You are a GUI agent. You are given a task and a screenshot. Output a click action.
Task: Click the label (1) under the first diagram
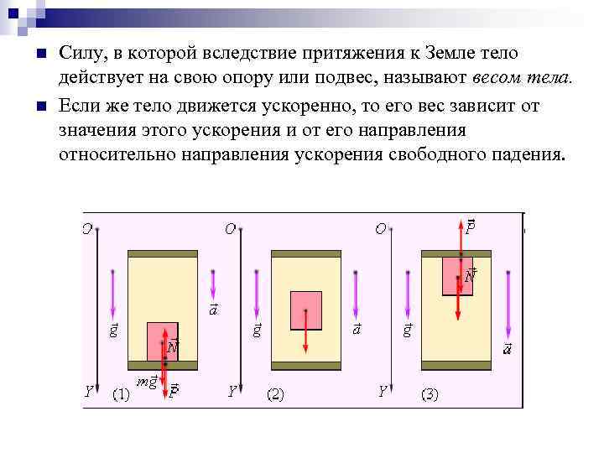[122, 394]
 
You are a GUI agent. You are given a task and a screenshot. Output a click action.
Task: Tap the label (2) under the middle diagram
[276, 394]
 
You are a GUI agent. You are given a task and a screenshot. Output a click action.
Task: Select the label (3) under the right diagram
[429, 394]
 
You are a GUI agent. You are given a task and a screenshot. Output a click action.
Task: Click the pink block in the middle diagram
[306, 310]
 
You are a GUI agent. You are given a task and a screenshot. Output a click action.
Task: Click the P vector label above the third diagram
[471, 226]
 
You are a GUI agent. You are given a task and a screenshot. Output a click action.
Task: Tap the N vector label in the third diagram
[471, 274]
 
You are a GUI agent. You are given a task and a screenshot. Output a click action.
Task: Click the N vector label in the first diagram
[172, 346]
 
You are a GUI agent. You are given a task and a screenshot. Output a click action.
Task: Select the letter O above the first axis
[87, 228]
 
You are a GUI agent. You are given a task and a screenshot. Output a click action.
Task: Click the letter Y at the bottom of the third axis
[382, 392]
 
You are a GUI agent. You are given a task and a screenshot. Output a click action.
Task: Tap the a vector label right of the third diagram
[507, 348]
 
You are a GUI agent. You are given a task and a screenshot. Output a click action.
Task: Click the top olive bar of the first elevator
[163, 253]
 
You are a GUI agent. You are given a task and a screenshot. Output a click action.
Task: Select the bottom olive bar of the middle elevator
[305, 366]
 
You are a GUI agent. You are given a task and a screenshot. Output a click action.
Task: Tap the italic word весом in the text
[502, 77]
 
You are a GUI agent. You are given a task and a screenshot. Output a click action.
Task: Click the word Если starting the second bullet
[81, 107]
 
